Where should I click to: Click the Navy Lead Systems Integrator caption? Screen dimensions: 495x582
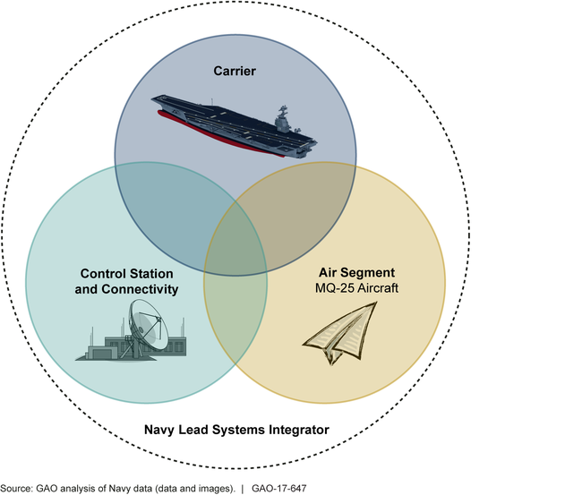(x=237, y=430)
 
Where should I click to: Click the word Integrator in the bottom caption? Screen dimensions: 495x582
(x=297, y=430)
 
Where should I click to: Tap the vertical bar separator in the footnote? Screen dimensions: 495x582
(x=241, y=487)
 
